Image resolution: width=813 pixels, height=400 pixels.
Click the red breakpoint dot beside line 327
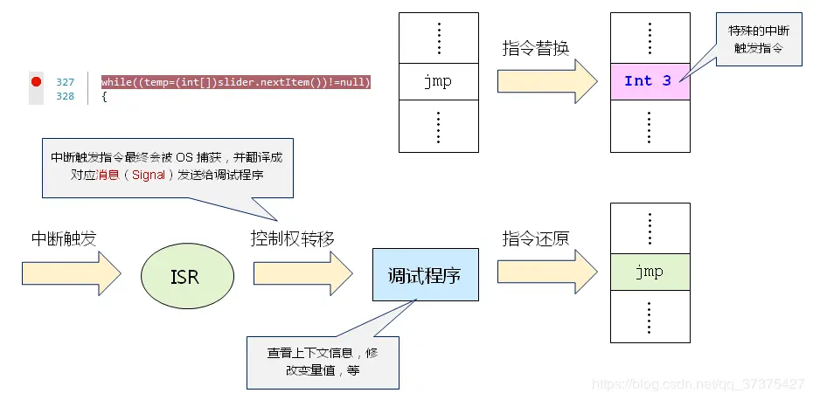pyautogui.click(x=36, y=81)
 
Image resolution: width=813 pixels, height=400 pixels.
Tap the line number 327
pyautogui.click(x=66, y=82)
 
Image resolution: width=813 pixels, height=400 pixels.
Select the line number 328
pyautogui.click(x=66, y=96)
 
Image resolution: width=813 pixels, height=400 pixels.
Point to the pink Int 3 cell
pyautogui.click(x=650, y=81)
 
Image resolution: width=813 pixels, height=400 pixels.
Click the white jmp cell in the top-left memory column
pyautogui.click(x=438, y=81)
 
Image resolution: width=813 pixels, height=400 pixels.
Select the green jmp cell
pyautogui.click(x=650, y=272)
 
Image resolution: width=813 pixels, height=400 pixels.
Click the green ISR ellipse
pyautogui.click(x=186, y=275)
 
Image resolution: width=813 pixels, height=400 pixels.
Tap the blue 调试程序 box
pyautogui.click(x=425, y=274)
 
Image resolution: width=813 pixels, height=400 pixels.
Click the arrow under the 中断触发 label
pyautogui.click(x=72, y=274)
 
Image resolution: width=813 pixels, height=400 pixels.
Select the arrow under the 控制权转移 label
pyautogui.click(x=302, y=274)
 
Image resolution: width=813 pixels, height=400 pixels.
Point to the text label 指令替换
pyautogui.click(x=536, y=48)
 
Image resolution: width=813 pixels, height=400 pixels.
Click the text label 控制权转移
pyautogui.click(x=292, y=238)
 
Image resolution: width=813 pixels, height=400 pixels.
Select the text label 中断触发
pyautogui.click(x=63, y=238)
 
